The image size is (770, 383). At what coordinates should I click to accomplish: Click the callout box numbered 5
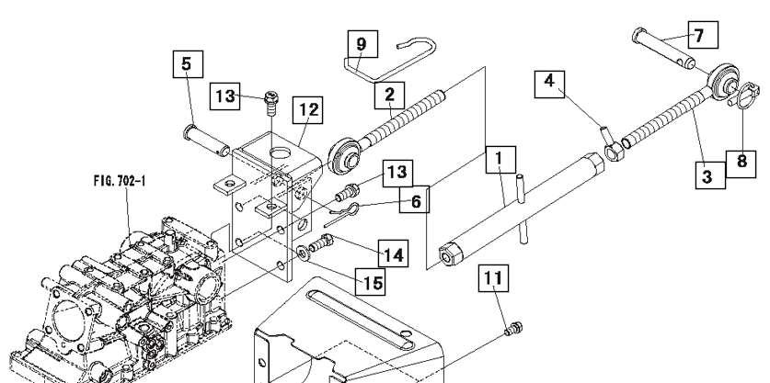coord(188,63)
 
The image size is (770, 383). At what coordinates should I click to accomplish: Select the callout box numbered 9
coord(362,44)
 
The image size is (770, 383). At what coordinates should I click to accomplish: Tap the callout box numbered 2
coord(389,96)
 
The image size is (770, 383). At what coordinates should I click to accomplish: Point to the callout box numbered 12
coord(307,110)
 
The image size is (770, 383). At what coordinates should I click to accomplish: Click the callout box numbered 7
coord(703,35)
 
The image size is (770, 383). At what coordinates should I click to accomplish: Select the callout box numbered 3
coord(710,175)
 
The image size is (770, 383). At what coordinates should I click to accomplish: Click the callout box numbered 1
coord(500,160)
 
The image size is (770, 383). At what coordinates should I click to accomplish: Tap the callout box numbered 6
coord(414,199)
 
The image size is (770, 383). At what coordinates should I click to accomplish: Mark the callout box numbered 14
coord(393,253)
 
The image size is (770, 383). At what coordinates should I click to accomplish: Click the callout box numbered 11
coord(493,278)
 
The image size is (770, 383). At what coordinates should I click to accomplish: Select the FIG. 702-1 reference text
coord(120,181)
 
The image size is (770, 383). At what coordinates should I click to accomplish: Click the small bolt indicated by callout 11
coord(513,329)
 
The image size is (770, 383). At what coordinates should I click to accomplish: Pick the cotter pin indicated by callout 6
coord(340,214)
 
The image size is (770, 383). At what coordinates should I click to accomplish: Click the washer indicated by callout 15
coord(303,253)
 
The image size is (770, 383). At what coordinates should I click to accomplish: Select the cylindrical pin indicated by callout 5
coord(206,141)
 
